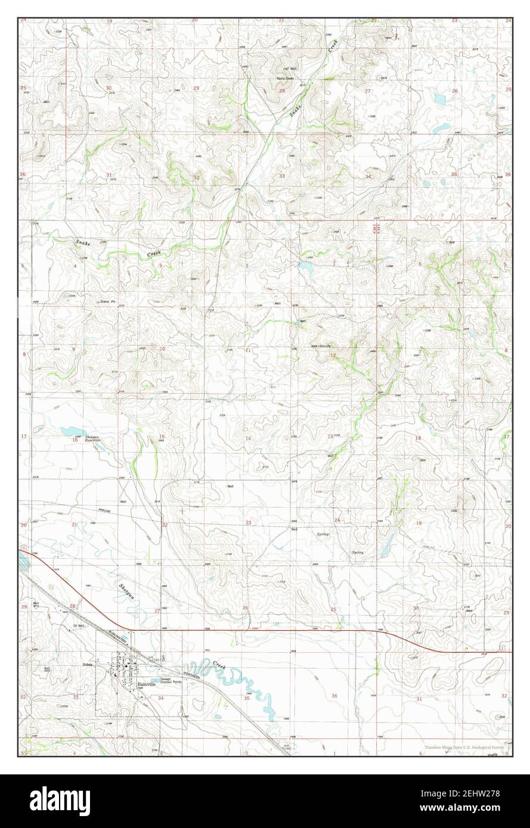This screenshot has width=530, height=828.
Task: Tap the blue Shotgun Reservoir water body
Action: tap(72, 431)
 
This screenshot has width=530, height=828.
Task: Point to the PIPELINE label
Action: tap(105, 510)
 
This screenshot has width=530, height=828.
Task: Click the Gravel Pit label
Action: tap(107, 301)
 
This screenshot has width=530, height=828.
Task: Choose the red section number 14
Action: tap(248, 438)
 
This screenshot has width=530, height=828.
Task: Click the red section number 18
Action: tap(418, 438)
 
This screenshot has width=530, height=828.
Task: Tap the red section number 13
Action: tap(330, 437)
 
